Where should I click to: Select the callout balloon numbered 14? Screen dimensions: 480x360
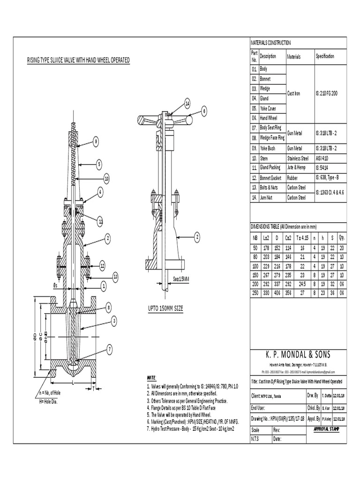[187, 102]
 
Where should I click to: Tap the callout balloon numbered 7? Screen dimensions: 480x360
[109, 349]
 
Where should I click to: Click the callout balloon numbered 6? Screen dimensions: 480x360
[204, 111]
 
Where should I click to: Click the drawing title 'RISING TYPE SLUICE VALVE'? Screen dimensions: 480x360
[78, 60]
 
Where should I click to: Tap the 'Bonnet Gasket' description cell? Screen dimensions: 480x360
[272, 178]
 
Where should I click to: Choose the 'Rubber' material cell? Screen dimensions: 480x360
[293, 178]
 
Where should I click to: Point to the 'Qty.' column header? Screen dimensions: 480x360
[341, 238]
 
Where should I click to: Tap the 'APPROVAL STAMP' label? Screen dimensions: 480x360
[329, 429]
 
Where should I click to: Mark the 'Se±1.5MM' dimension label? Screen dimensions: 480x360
[180, 279]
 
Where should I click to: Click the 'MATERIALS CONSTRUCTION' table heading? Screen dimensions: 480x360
[271, 43]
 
